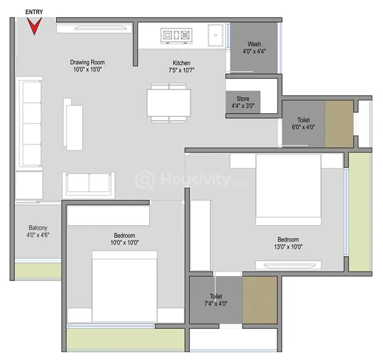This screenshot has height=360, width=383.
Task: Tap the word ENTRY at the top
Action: [x=34, y=12]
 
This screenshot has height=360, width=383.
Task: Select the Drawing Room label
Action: [x=87, y=62]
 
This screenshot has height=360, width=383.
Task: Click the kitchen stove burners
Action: [x=176, y=36]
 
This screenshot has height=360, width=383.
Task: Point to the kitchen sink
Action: [x=215, y=35]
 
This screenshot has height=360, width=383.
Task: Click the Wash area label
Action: [x=254, y=44]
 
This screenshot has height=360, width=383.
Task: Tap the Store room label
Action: [x=243, y=99]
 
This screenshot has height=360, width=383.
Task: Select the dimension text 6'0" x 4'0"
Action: [x=303, y=127]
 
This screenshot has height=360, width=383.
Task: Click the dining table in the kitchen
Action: [x=169, y=103]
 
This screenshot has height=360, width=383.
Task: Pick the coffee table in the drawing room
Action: [x=73, y=124]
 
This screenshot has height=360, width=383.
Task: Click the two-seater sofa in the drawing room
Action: [x=89, y=185]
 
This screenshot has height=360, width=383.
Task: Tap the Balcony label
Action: [x=38, y=228]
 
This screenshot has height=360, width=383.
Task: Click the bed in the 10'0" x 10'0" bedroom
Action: [x=125, y=287]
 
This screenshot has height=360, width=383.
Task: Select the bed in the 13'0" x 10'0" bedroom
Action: [x=288, y=190]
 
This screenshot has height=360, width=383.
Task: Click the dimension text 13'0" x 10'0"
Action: [x=288, y=247]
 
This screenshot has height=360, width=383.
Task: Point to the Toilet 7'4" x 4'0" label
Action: [x=216, y=300]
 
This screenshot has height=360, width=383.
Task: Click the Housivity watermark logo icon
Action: [x=145, y=180]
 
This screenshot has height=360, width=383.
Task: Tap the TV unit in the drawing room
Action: [x=95, y=28]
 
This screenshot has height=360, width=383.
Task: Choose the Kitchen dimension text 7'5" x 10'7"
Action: [x=182, y=71]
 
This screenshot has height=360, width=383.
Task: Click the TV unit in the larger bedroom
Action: [x=288, y=265]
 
